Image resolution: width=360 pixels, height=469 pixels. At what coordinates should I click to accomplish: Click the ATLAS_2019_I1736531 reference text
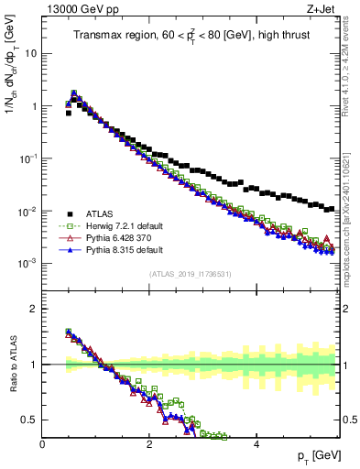pyautogui.click(x=189, y=274)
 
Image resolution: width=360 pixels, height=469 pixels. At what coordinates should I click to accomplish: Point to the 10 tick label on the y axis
pyautogui.click(x=30, y=53)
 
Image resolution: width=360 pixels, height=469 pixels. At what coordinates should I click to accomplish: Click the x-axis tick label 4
pyautogui.click(x=256, y=444)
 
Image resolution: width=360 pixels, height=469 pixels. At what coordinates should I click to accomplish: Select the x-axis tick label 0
pyautogui.click(x=43, y=444)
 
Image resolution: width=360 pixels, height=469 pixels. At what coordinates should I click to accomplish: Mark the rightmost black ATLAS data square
pyautogui.click(x=332, y=209)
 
